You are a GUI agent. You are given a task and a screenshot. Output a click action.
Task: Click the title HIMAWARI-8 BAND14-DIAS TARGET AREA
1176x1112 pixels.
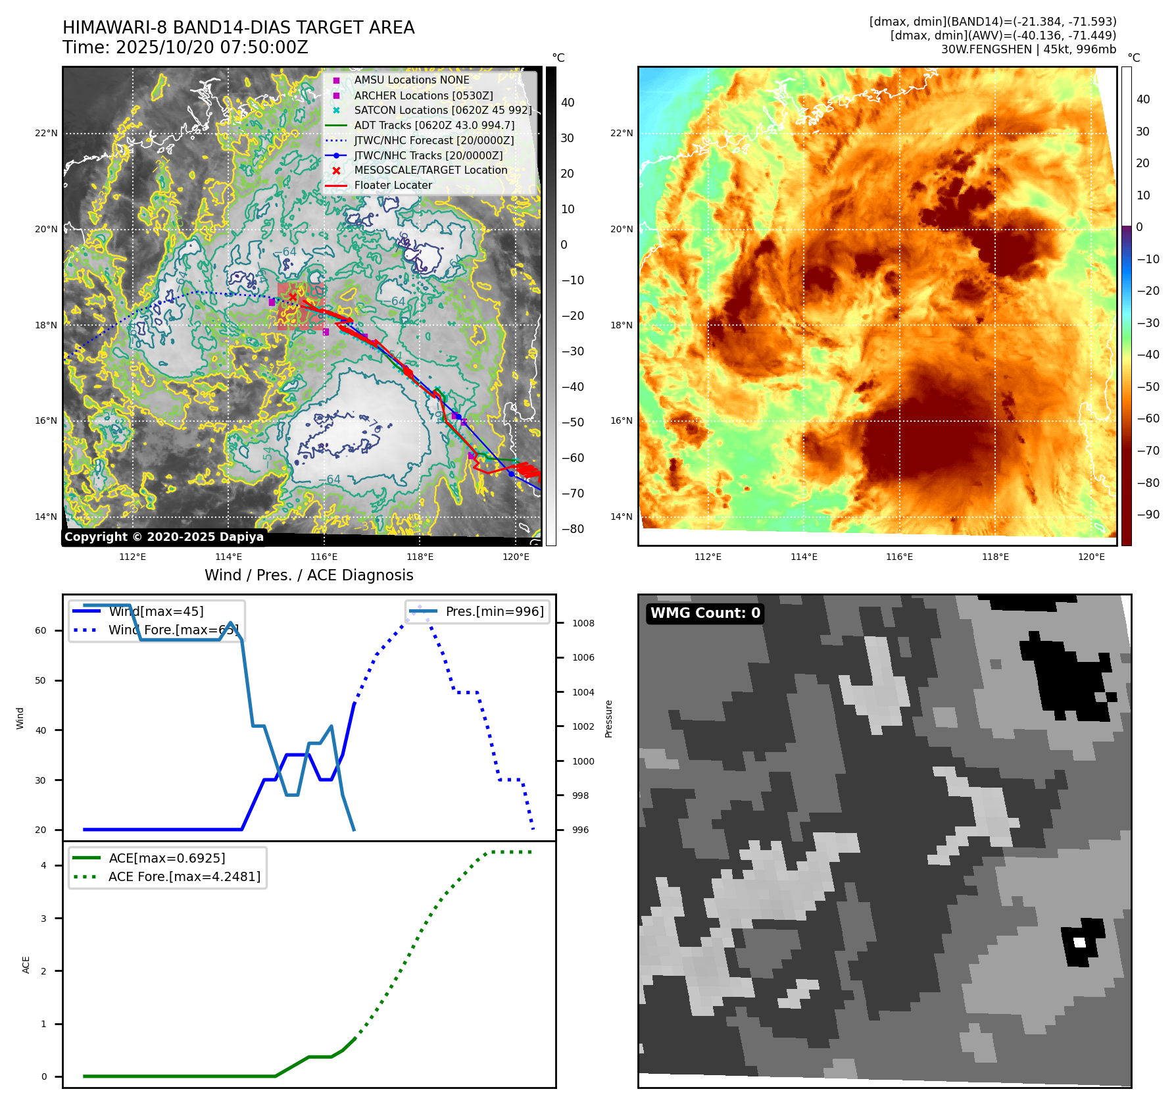coord(238,28)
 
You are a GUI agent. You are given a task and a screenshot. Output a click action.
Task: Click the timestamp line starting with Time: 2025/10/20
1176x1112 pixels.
coord(185,47)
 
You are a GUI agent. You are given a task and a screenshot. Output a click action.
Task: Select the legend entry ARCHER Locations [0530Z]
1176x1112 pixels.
coord(423,95)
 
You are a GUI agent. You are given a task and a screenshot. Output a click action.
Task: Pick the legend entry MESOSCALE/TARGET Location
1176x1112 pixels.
coord(430,170)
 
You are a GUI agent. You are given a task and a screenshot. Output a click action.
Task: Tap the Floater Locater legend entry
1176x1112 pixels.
coord(393,186)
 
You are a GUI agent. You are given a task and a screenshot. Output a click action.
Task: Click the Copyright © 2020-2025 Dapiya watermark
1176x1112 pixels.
coord(164,537)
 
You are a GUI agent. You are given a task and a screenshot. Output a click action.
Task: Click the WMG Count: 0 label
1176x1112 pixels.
coord(705,613)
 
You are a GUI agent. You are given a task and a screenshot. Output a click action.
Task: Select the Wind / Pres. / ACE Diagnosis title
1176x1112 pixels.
coord(308,575)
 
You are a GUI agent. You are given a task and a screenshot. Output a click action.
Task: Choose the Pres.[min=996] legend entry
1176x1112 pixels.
coord(494,611)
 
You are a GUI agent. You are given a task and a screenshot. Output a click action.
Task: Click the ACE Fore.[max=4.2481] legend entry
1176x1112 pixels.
coord(184,876)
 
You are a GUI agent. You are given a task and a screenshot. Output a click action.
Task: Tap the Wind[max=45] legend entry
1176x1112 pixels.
coord(156,611)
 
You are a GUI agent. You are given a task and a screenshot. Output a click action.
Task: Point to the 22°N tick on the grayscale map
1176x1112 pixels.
coord(46,133)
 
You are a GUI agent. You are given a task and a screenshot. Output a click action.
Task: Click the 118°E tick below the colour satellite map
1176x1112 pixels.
coord(995,557)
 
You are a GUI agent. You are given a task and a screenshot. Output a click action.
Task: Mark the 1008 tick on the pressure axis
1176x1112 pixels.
coord(583,623)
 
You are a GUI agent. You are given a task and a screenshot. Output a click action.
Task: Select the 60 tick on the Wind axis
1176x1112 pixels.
coord(41,630)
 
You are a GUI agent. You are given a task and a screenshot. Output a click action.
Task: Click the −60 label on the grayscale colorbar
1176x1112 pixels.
coord(572,458)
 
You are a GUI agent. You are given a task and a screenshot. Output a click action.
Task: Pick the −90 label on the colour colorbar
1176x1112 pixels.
coord(1148,515)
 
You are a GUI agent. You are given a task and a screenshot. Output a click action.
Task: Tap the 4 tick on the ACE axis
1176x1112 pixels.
coord(43,865)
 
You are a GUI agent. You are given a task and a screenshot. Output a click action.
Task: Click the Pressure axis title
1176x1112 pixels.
coord(608,719)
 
